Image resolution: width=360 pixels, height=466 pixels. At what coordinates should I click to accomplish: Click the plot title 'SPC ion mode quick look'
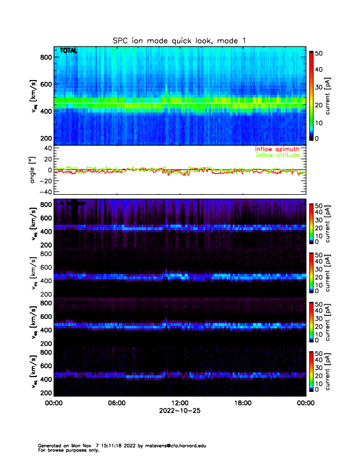coord(179,40)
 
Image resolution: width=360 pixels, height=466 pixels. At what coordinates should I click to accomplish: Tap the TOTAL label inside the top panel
coord(68,51)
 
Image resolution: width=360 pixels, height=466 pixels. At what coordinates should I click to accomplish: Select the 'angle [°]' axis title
coord(35,170)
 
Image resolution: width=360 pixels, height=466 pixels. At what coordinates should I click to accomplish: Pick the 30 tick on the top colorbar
coord(319,87)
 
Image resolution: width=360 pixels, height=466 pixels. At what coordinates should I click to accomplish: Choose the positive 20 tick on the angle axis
coord(46,159)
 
